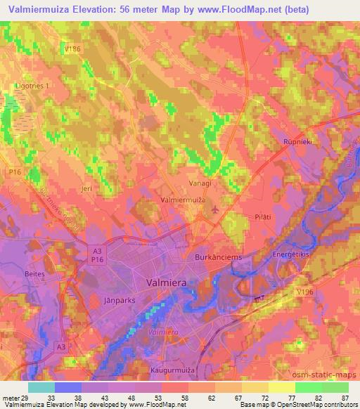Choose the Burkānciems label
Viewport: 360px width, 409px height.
pyautogui.click(x=218, y=257)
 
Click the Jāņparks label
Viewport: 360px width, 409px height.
pyautogui.click(x=129, y=299)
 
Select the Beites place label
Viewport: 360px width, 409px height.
pyautogui.click(x=35, y=273)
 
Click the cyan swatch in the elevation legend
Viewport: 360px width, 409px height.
pyautogui.click(x=41, y=387)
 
